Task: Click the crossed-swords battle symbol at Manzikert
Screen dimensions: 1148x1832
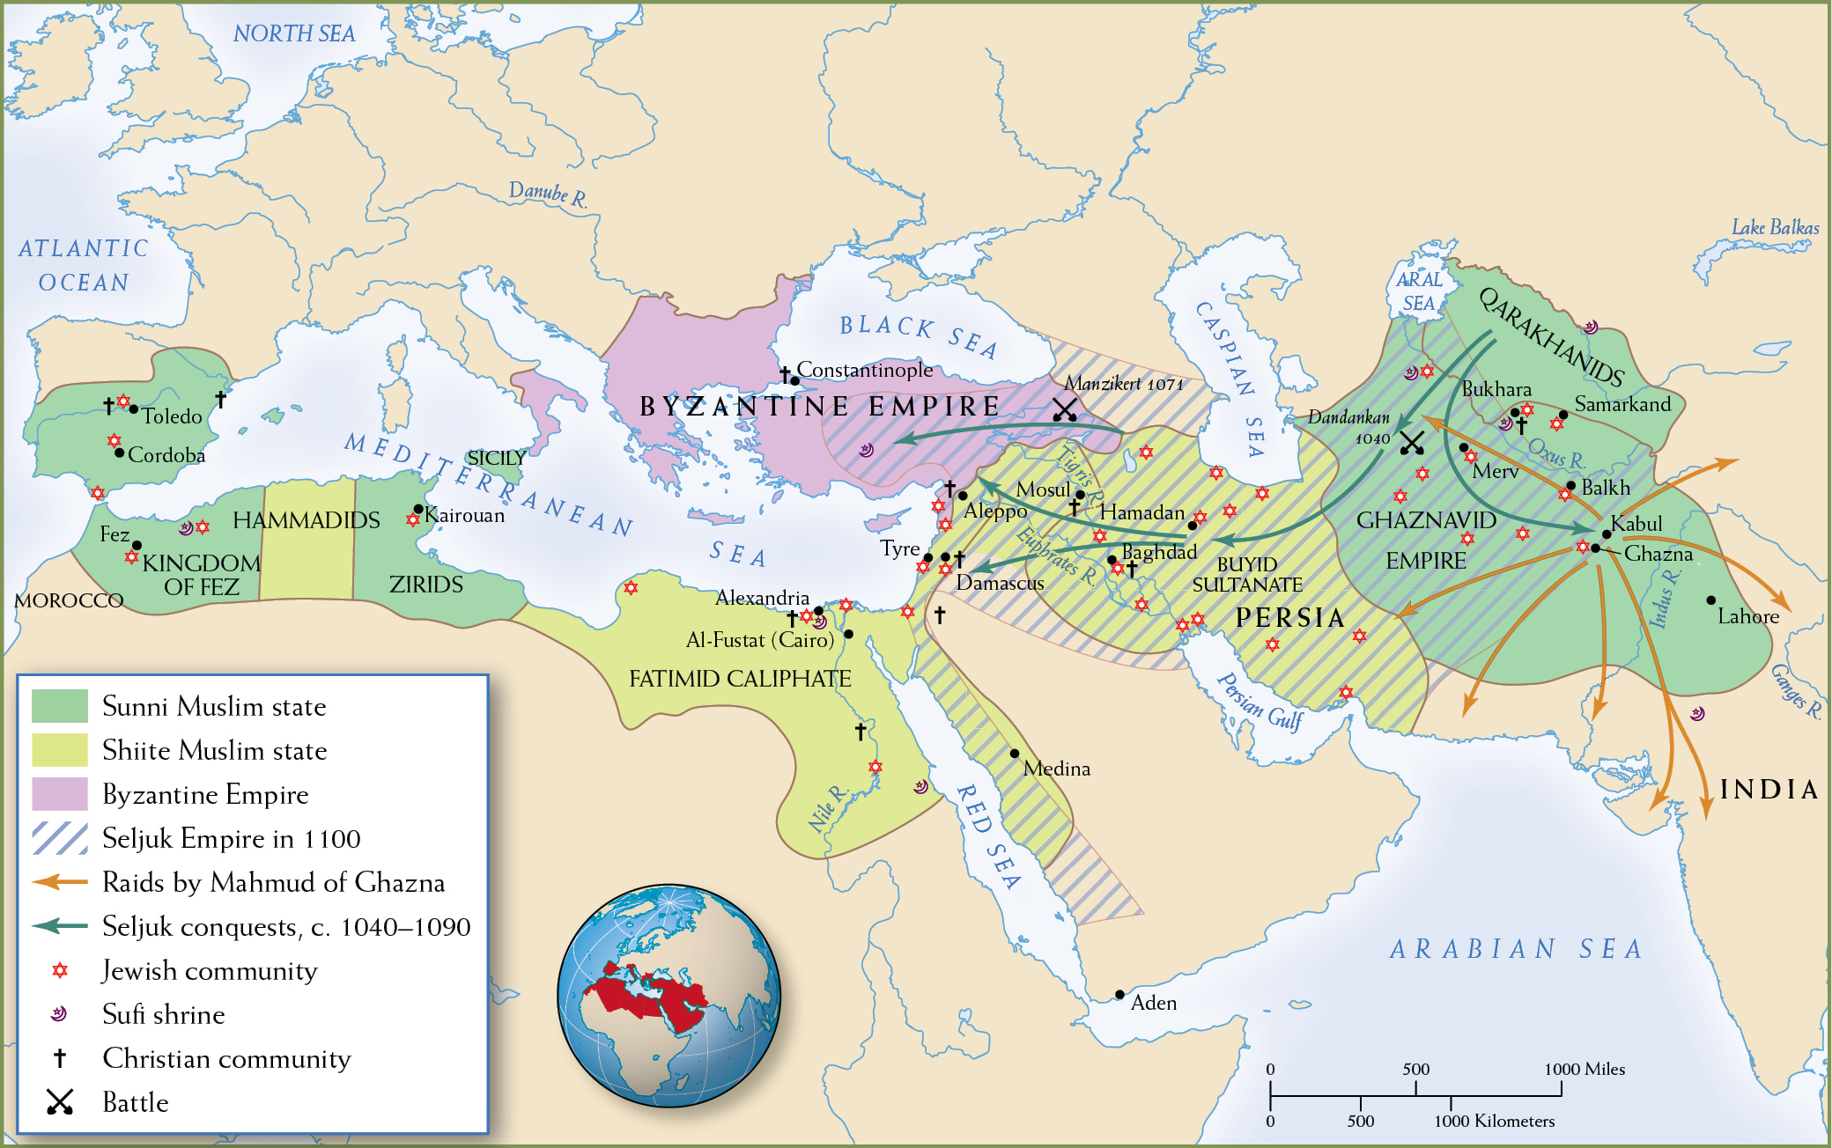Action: point(1065,409)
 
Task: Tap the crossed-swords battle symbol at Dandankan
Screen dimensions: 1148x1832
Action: point(1412,443)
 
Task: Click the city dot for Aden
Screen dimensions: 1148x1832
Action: point(1119,994)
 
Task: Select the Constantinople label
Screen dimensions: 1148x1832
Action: point(864,370)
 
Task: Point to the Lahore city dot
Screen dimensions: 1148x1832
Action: point(1710,600)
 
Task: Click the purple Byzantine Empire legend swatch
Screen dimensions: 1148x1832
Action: point(60,793)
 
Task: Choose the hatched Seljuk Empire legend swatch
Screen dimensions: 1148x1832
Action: point(60,837)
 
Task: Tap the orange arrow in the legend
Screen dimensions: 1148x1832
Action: point(60,881)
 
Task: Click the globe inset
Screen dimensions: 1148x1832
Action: point(669,996)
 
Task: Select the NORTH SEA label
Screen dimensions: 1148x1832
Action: point(293,33)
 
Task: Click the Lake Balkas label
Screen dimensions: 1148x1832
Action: point(1775,227)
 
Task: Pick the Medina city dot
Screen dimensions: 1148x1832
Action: point(1015,754)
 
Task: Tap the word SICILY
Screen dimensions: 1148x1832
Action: point(496,458)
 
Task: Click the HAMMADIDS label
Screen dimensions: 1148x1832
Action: point(306,520)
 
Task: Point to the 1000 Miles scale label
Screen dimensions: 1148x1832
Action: point(1584,1069)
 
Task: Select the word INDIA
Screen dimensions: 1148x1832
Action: point(1769,790)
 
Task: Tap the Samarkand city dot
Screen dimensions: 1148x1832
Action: point(1562,415)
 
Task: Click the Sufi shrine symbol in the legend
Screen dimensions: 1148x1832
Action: point(59,1013)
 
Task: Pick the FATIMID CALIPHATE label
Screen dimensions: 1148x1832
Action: point(740,679)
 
